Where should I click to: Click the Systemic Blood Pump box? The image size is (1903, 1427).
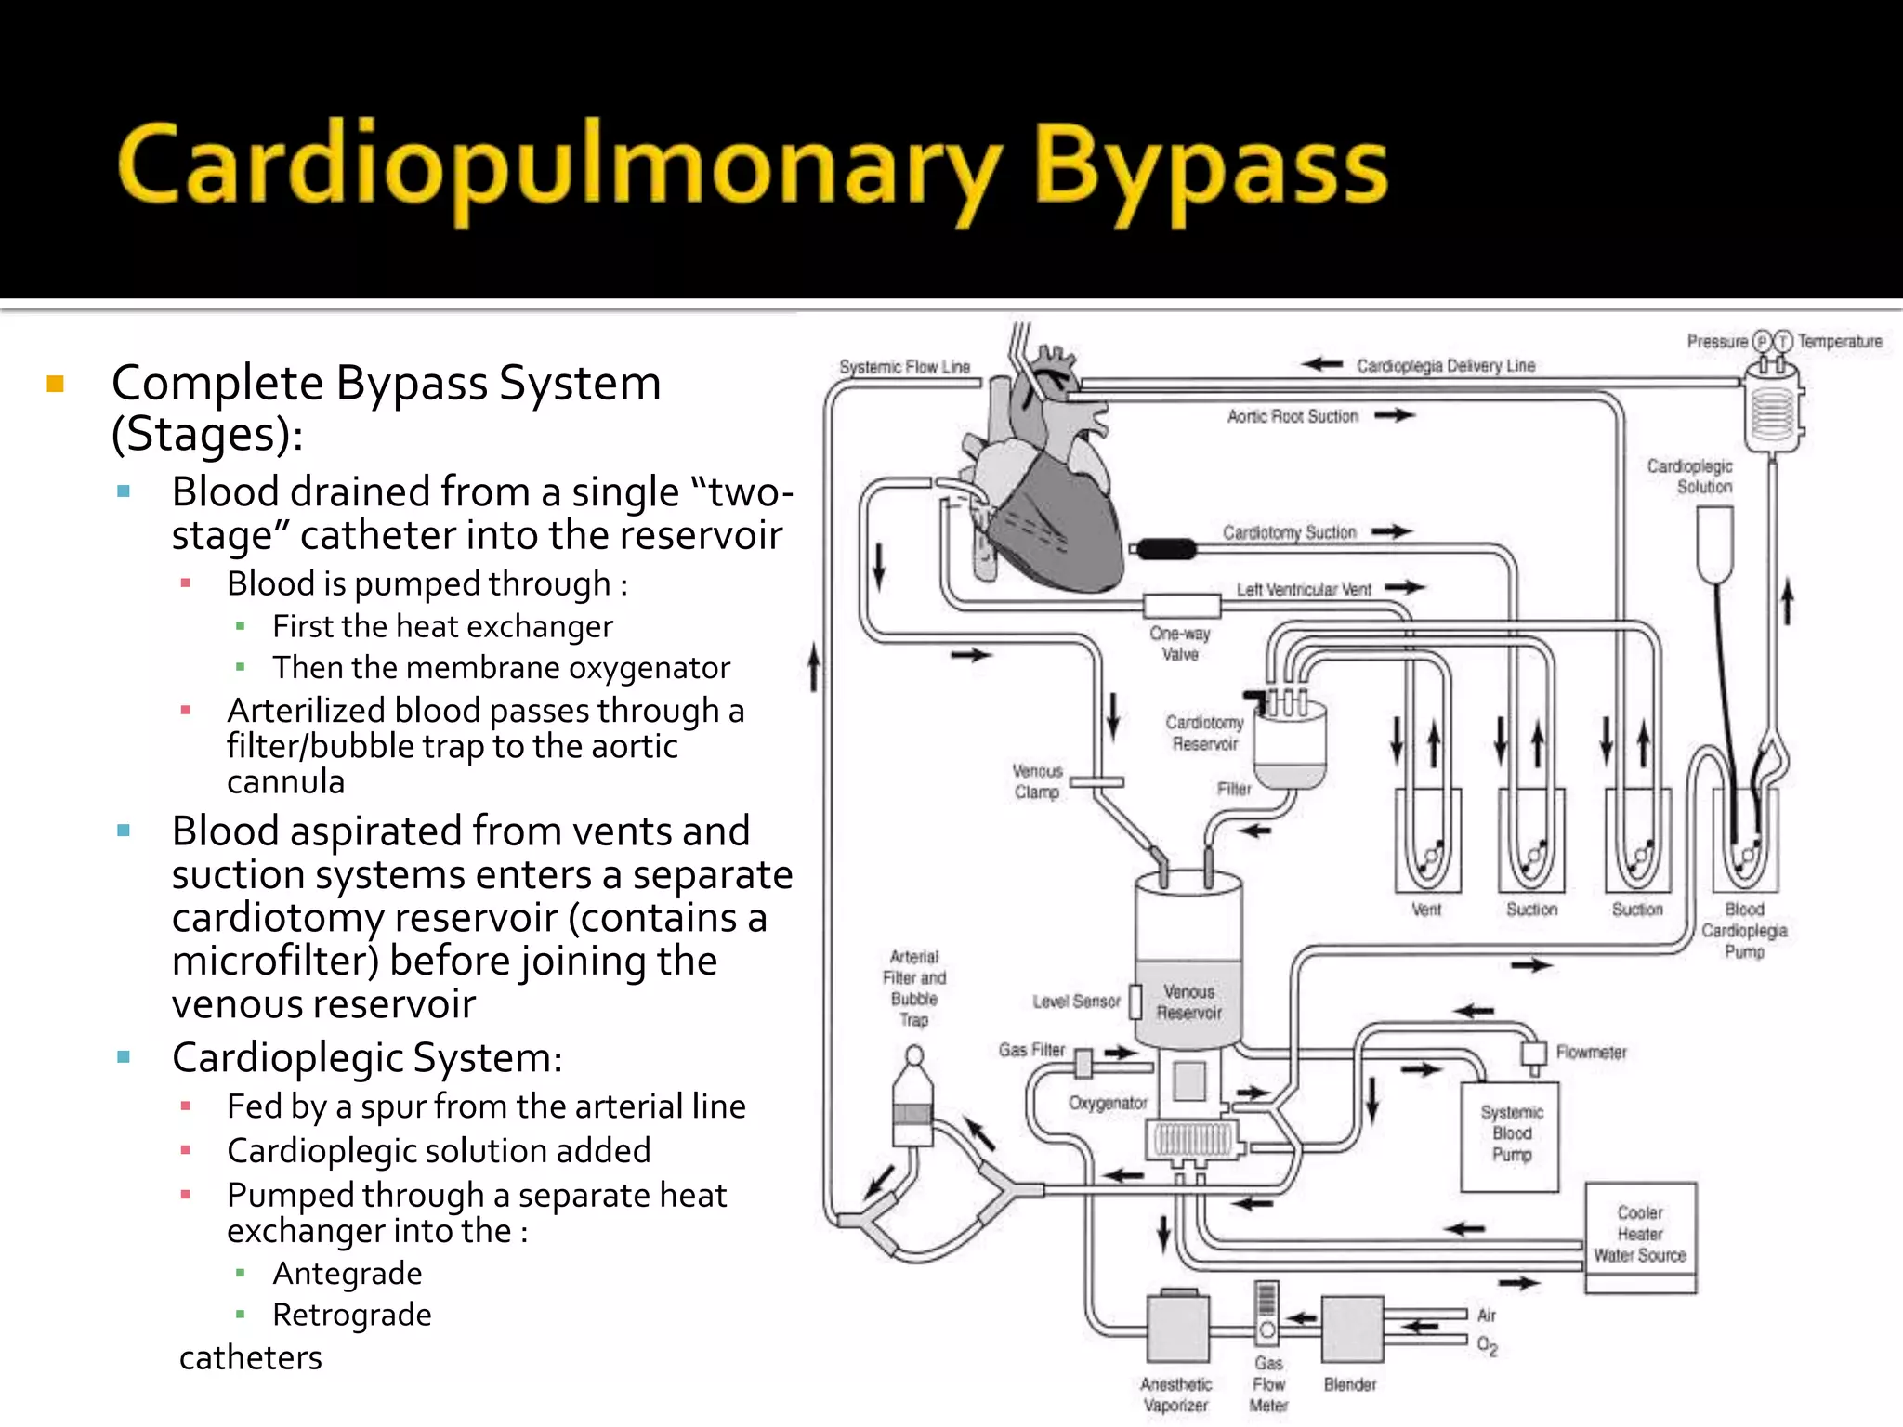pyautogui.click(x=1510, y=1135)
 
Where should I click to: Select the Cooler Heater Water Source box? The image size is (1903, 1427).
pyautogui.click(x=1640, y=1236)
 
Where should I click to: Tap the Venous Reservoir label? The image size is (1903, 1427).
pyautogui.click(x=1188, y=1002)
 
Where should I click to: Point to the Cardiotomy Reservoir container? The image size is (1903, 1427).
pyautogui.click(x=1290, y=743)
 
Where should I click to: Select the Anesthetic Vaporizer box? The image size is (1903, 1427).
pyautogui.click(x=1177, y=1329)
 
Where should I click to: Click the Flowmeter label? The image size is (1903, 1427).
pyautogui.click(x=1591, y=1053)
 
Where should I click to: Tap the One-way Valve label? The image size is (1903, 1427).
pyautogui.click(x=1180, y=644)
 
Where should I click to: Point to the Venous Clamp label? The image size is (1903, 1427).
pyautogui.click(x=1037, y=781)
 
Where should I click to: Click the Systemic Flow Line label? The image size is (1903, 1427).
pyautogui.click(x=904, y=367)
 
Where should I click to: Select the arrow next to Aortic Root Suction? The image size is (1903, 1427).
pyautogui.click(x=1394, y=415)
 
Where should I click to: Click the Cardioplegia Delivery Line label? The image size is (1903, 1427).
pyautogui.click(x=1445, y=366)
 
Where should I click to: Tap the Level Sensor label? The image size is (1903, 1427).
pyautogui.click(x=1076, y=1002)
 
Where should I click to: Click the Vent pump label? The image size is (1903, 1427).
pyautogui.click(x=1426, y=910)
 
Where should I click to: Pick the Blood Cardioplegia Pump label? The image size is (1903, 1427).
pyautogui.click(x=1744, y=930)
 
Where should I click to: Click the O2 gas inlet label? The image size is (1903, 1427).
pyautogui.click(x=1487, y=1345)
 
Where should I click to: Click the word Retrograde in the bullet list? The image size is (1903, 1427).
pyautogui.click(x=351, y=1315)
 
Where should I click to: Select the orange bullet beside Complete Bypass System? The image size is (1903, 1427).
pyautogui.click(x=55, y=384)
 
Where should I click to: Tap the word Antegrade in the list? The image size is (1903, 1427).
pyautogui.click(x=347, y=1273)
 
